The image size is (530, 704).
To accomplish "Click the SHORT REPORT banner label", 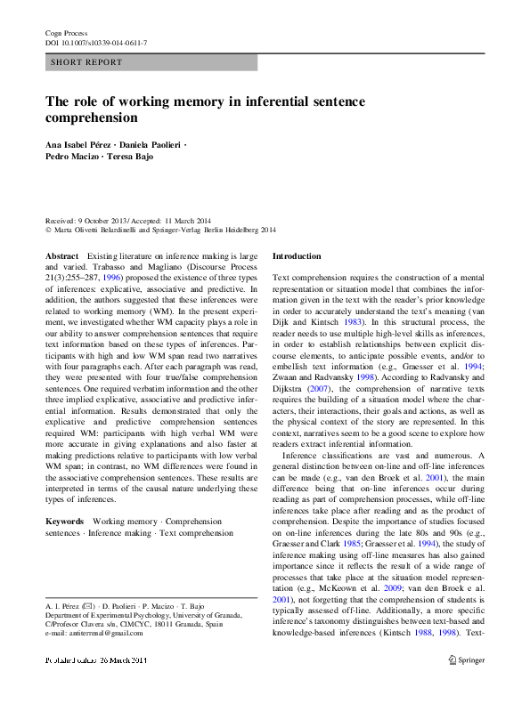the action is (x=86, y=62).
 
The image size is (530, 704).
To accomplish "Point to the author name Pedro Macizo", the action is (x=73, y=157).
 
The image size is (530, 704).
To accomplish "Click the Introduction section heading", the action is (x=297, y=256).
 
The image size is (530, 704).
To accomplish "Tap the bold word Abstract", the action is (x=61, y=256).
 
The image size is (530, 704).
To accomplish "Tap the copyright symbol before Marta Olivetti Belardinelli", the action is (x=49, y=230).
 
